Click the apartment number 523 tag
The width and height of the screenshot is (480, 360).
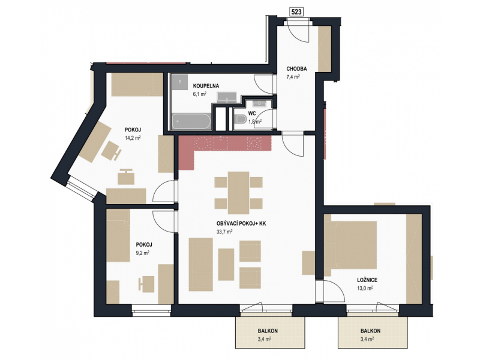296,12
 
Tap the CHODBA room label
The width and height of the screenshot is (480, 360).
296,69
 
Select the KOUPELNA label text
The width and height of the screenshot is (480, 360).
206,86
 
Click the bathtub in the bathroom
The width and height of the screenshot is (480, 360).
191,121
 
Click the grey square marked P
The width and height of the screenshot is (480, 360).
179,82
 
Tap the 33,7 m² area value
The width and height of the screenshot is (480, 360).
224,232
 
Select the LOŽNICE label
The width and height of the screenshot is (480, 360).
367,280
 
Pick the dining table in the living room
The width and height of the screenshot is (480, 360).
238,193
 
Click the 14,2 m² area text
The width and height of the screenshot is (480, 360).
133,138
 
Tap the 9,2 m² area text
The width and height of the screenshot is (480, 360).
143,253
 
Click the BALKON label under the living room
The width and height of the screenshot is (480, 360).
268,331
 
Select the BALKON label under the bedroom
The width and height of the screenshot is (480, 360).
370,331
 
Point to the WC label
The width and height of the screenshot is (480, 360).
252,113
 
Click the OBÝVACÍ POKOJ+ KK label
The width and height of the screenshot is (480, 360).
241,224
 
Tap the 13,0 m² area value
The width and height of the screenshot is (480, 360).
365,288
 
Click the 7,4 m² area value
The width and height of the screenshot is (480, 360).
293,77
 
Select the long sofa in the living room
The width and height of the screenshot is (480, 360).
201,264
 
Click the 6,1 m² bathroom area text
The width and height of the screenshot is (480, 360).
199,94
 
